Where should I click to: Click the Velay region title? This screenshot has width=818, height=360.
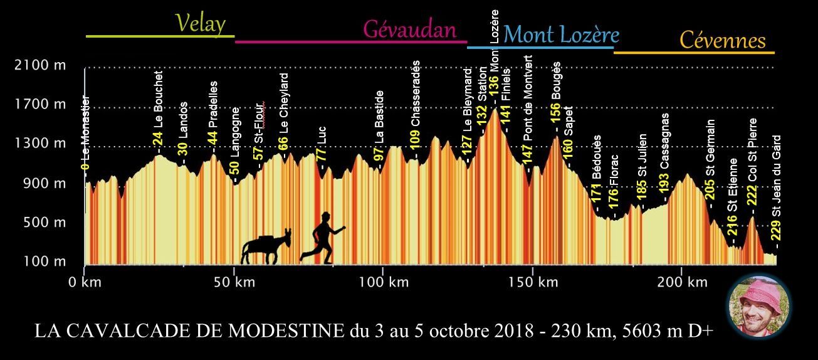click(x=200, y=24)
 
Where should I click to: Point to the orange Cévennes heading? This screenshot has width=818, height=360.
click(x=723, y=41)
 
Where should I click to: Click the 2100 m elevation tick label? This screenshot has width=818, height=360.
click(x=39, y=65)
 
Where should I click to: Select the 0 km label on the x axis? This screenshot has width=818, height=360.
click(x=85, y=282)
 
